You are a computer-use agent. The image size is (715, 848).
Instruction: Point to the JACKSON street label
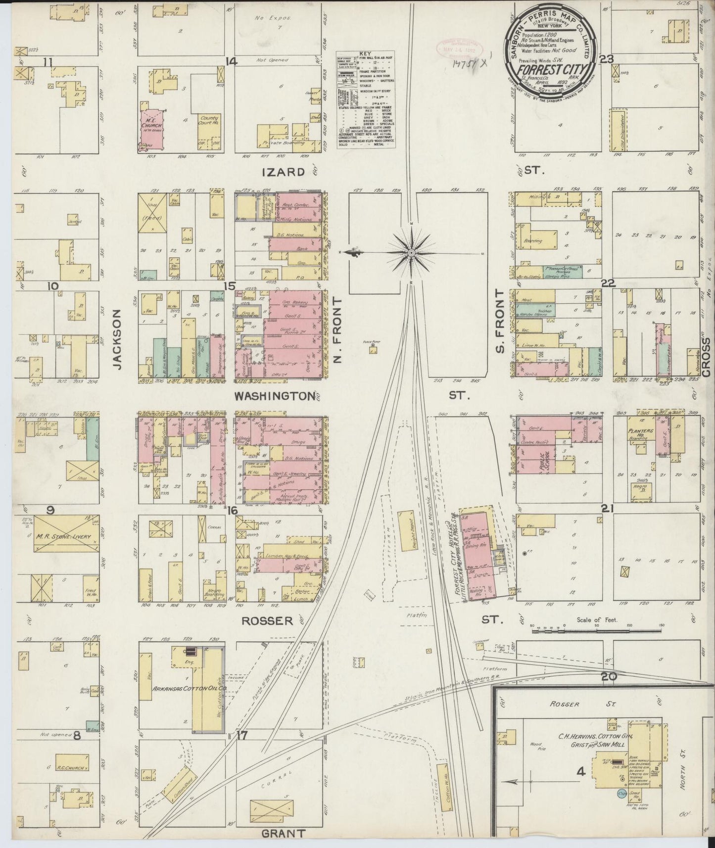[x=117, y=339]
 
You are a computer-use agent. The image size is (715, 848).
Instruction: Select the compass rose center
[x=412, y=253]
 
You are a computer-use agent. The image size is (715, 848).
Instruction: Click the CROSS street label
[x=706, y=357]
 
